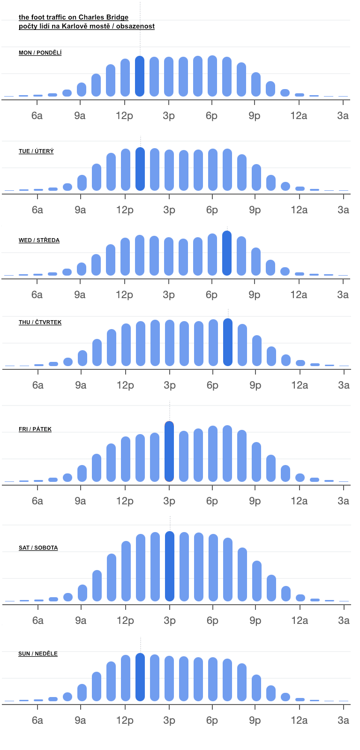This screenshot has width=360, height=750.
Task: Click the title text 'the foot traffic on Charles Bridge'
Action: coord(74,17)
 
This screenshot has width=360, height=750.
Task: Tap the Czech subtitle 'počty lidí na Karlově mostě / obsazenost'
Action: coord(87,26)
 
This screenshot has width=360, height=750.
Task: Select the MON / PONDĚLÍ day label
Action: coord(40,53)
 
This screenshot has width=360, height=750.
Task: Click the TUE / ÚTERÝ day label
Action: coord(36,151)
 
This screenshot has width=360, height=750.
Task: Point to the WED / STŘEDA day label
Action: coord(39,240)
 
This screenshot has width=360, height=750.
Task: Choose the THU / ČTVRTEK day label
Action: coord(40,322)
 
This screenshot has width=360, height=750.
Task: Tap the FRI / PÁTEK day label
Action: coord(35,429)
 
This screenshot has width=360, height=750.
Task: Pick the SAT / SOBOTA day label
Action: coord(38,548)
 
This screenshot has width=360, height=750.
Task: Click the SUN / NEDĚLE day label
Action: coord(38,654)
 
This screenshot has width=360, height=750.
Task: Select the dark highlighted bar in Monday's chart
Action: coord(140,76)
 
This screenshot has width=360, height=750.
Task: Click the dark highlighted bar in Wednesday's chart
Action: coord(227,253)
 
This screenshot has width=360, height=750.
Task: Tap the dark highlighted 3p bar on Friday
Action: coord(169,451)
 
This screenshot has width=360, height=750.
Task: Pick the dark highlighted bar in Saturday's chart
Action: coord(170,566)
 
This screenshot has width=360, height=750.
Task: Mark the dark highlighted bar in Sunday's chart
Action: coord(140,677)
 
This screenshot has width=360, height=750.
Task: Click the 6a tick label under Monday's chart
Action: coord(37,116)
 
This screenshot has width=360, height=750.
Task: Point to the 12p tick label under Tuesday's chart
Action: coord(125,210)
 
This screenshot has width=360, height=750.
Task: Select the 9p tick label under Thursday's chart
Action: coord(255,385)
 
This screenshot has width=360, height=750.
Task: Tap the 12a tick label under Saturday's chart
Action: coord(300,621)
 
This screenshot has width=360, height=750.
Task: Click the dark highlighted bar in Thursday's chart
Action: coord(228,342)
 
